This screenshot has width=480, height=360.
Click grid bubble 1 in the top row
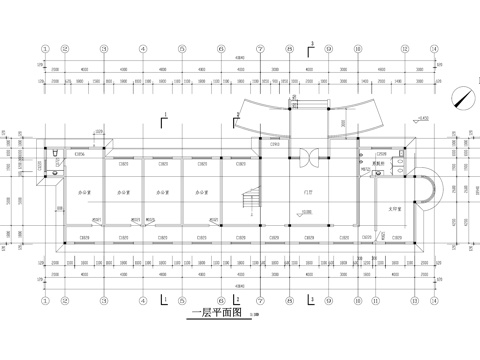pos(45,47)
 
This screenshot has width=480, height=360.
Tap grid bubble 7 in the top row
pos(260,47)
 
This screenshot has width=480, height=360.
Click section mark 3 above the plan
pos(312,46)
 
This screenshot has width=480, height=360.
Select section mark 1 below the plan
pos(163,297)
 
